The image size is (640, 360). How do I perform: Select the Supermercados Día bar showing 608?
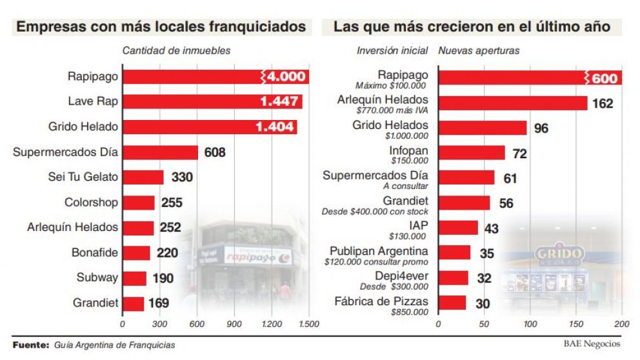point(160,152)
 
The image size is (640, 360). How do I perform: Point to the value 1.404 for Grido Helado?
point(275,127)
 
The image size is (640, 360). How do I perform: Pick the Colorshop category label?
point(91,203)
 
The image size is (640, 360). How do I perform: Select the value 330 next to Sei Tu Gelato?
point(183,177)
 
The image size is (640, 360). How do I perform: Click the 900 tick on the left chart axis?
point(234,323)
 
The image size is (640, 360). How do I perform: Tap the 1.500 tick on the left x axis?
point(308,323)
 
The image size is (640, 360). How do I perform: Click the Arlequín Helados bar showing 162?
point(512,103)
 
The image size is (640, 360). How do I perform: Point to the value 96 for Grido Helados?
point(541,128)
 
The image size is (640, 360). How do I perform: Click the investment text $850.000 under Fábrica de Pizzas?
point(409,312)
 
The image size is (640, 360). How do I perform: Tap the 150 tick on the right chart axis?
point(576,323)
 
